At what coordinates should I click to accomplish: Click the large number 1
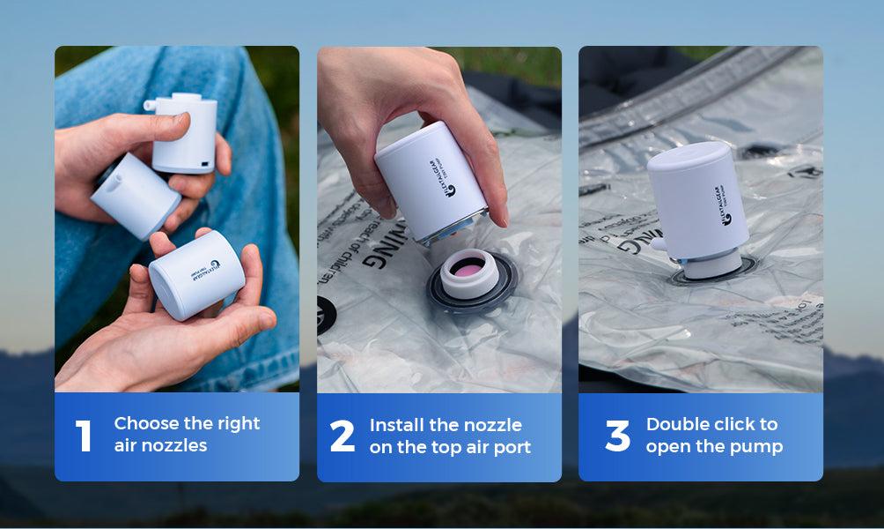84,436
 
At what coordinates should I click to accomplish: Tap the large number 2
343,436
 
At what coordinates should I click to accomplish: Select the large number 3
618,436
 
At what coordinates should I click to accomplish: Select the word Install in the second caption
398,425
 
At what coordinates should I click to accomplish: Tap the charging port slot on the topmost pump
204,165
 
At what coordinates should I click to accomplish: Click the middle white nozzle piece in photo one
136,195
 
